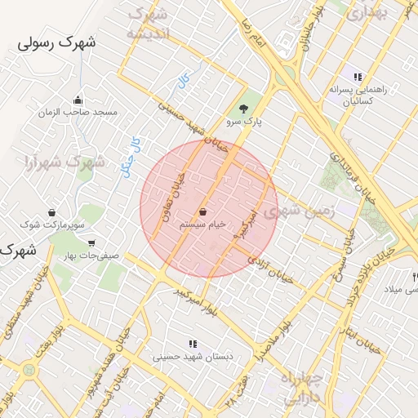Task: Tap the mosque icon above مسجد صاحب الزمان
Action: click(78, 100)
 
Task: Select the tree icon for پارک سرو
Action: click(243, 109)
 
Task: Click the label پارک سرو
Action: click(244, 122)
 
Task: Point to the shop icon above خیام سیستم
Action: click(202, 211)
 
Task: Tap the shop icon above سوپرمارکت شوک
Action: click(51, 211)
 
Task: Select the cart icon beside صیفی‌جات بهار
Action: click(91, 242)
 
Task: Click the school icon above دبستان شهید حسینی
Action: click(193, 345)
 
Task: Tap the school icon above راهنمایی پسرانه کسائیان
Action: click(358, 77)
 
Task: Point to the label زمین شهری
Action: click(308, 211)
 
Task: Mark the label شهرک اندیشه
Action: click(149, 24)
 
